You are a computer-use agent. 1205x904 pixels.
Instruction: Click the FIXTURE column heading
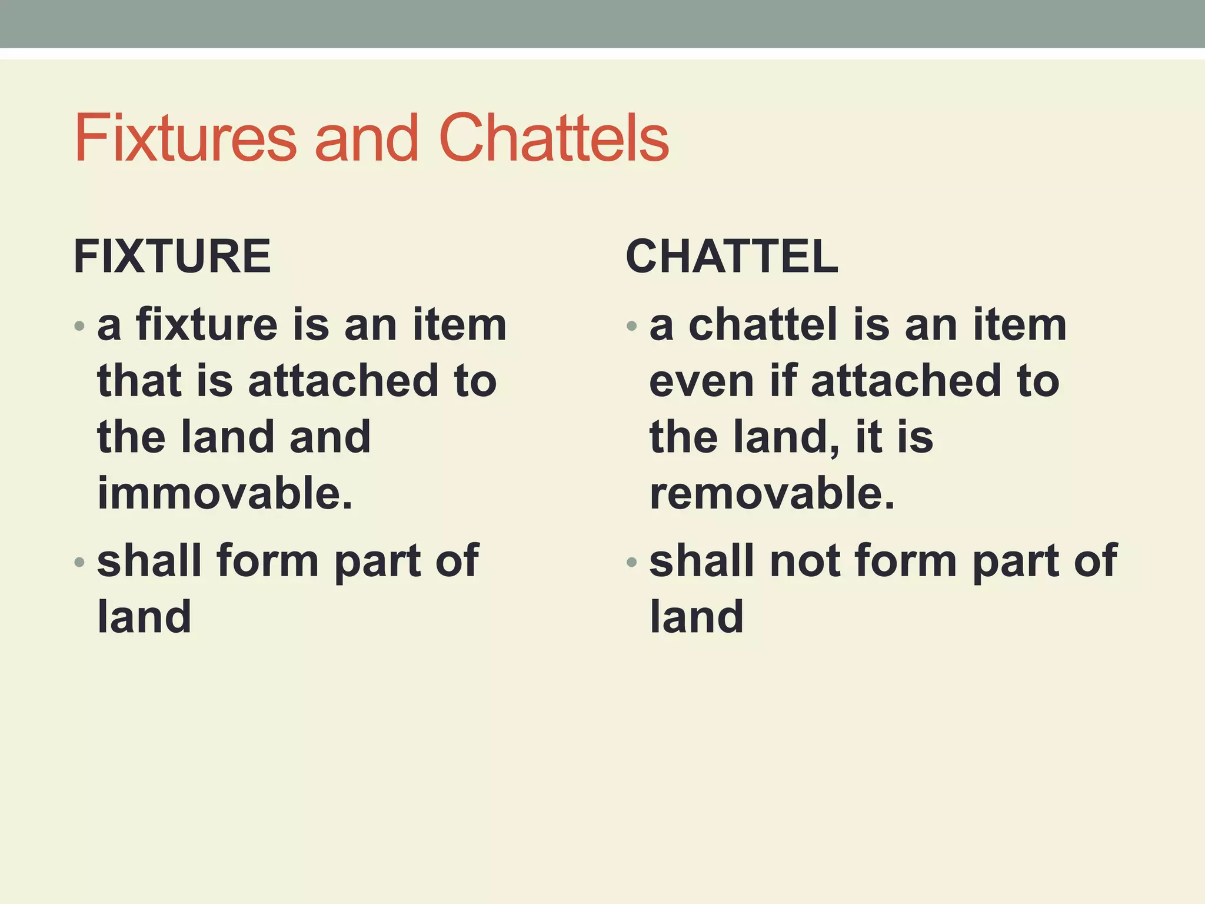172,257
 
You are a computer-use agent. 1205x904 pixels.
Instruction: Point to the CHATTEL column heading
732,257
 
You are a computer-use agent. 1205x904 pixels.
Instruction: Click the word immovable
225,493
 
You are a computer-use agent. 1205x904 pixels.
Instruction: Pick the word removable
772,493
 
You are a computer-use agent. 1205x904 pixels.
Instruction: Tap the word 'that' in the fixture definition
139,380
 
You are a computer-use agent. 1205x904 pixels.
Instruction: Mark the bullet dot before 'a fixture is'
79,325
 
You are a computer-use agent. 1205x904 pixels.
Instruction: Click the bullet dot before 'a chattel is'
632,325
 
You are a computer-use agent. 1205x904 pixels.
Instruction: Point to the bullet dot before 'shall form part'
79,562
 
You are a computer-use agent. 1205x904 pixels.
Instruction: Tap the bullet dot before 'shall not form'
632,562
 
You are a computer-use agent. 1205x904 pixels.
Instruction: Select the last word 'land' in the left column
144,617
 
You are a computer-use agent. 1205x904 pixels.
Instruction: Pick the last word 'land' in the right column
697,617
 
